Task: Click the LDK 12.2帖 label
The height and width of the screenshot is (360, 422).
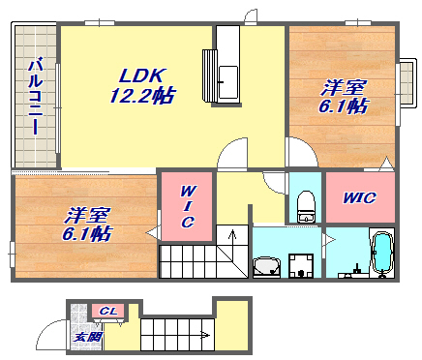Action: click(x=142, y=86)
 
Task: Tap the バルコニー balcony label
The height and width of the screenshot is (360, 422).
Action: click(x=35, y=96)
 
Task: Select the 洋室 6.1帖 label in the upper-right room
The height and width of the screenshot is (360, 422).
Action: click(x=344, y=96)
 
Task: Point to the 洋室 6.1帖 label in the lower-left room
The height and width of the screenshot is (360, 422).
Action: click(x=87, y=225)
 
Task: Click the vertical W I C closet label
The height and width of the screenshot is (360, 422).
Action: click(x=187, y=206)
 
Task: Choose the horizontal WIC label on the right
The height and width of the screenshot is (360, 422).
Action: click(x=359, y=197)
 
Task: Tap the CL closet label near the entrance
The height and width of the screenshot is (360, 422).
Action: click(x=108, y=312)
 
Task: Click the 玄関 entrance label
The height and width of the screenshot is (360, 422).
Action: click(x=88, y=337)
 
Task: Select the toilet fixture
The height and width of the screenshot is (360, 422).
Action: click(x=306, y=206)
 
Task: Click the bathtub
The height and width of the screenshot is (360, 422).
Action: click(x=382, y=255)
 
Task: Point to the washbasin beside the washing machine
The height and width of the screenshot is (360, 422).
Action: click(x=266, y=266)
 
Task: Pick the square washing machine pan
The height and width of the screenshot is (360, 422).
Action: click(x=301, y=265)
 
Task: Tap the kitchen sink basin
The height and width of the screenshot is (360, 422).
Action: click(x=228, y=82)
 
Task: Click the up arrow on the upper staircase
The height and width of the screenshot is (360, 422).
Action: click(x=232, y=240)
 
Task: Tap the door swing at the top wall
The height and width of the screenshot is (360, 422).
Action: click(x=251, y=16)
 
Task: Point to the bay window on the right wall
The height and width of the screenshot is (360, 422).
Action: click(x=407, y=83)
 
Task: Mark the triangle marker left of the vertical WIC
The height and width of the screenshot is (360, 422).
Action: click(x=152, y=232)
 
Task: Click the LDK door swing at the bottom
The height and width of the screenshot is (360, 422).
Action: click(x=233, y=153)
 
